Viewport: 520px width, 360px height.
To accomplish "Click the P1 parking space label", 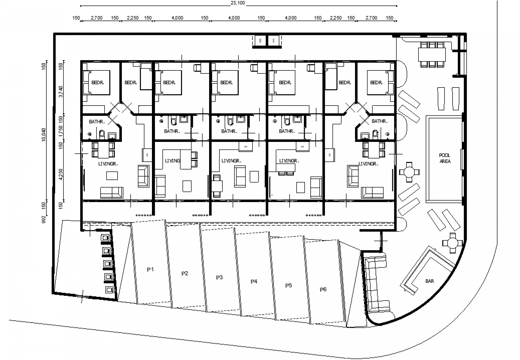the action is tap(150, 270).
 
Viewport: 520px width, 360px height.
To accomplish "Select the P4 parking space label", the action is tap(254, 282).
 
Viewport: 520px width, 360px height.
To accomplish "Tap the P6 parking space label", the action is tap(323, 290).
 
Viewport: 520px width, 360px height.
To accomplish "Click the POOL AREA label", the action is tap(445, 158).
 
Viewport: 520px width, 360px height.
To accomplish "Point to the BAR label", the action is tap(430, 281).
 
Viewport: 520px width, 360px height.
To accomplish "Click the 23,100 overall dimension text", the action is tap(238, 3).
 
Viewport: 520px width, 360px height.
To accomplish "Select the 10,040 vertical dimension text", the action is tap(44, 135).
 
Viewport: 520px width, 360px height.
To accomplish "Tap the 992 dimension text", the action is tap(44, 219).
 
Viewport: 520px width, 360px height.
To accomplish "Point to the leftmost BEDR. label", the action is tap(97, 83).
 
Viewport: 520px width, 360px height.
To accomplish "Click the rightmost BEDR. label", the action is tap(376, 83).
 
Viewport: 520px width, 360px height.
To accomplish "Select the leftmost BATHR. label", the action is tap(97, 122).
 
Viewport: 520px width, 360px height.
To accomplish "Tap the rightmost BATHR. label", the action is tap(380, 121).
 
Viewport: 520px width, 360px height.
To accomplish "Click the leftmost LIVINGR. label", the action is tap(108, 164).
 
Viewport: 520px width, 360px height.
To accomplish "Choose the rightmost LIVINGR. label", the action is tap(368, 164).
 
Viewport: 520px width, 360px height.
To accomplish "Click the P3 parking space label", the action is tap(219, 278).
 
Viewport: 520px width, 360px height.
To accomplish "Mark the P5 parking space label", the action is tap(288, 286).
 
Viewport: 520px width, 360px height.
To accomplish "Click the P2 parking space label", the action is tap(185, 274).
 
